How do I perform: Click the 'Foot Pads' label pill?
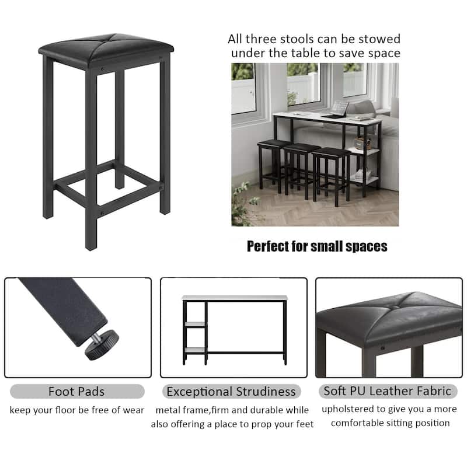[x=77, y=392]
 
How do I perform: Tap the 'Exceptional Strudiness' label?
[x=231, y=392]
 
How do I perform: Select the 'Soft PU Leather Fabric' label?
[x=388, y=392]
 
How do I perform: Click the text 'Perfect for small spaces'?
[x=317, y=246]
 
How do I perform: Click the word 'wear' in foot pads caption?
[x=133, y=410]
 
